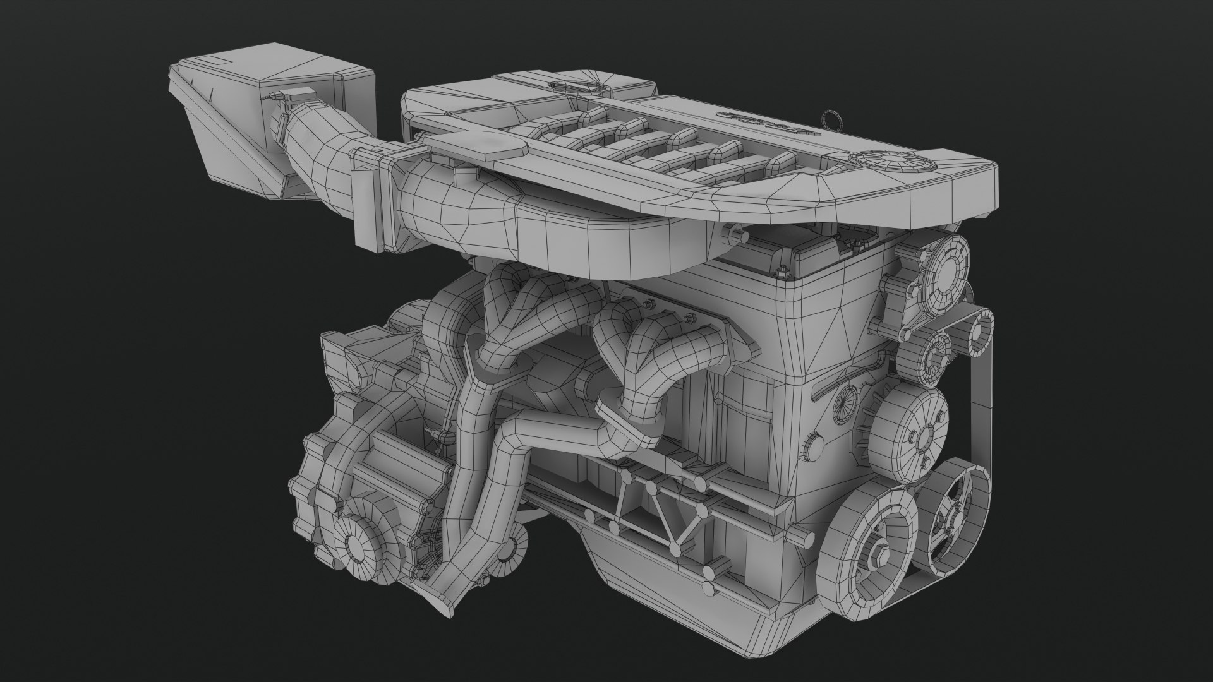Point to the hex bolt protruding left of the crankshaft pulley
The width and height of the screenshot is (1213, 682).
click(802, 537)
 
